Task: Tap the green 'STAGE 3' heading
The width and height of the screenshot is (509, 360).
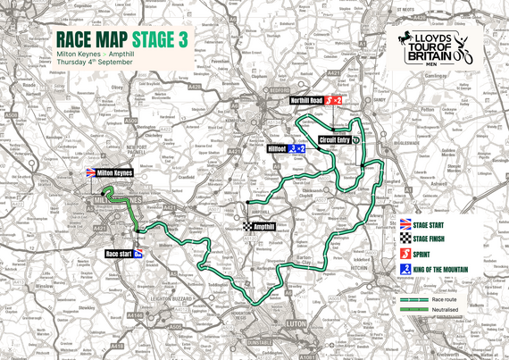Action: (160, 39)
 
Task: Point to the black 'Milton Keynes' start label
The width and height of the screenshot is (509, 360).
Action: (114, 172)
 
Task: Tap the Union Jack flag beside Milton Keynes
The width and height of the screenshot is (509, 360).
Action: (90, 172)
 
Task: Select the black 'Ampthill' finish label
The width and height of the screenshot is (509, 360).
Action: (263, 227)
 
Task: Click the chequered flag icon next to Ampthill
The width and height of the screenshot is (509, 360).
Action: (246, 227)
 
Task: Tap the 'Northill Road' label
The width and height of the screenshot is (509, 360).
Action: (307, 102)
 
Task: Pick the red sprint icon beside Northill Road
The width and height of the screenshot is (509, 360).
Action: (330, 102)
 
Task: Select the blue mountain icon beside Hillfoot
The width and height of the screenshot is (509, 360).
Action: (294, 148)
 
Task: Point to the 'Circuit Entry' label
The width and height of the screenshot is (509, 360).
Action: (331, 139)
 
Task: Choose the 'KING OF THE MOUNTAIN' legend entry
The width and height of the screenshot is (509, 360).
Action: (455, 269)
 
